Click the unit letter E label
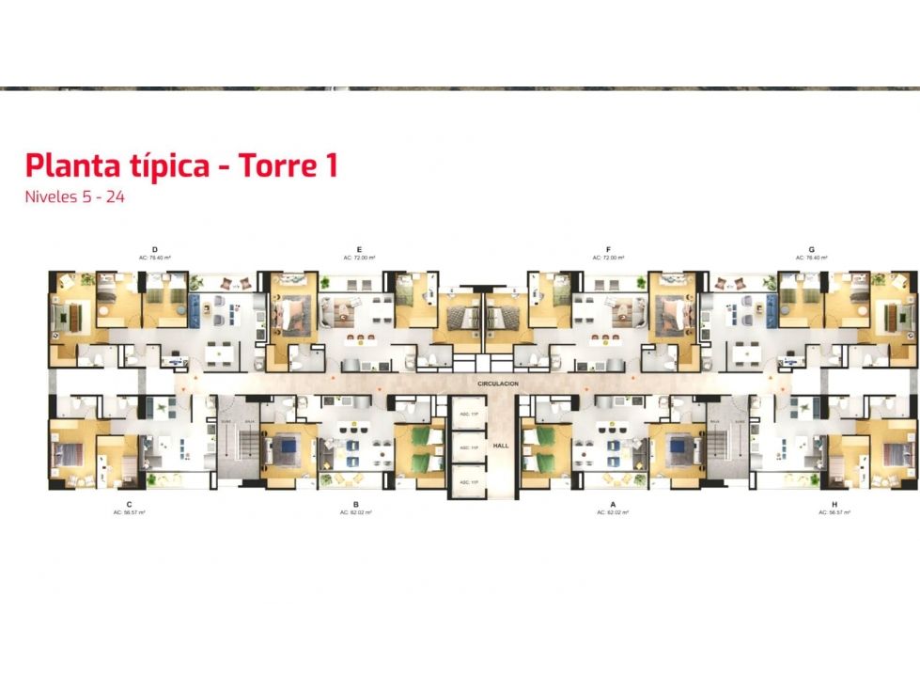[x=359, y=249]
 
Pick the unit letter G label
[x=810, y=249]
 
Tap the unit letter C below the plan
[x=128, y=505]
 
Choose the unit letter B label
[x=356, y=505]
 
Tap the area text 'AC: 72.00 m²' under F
[x=609, y=258]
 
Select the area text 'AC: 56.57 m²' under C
[x=128, y=513]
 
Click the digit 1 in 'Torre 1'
[x=330, y=166]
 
